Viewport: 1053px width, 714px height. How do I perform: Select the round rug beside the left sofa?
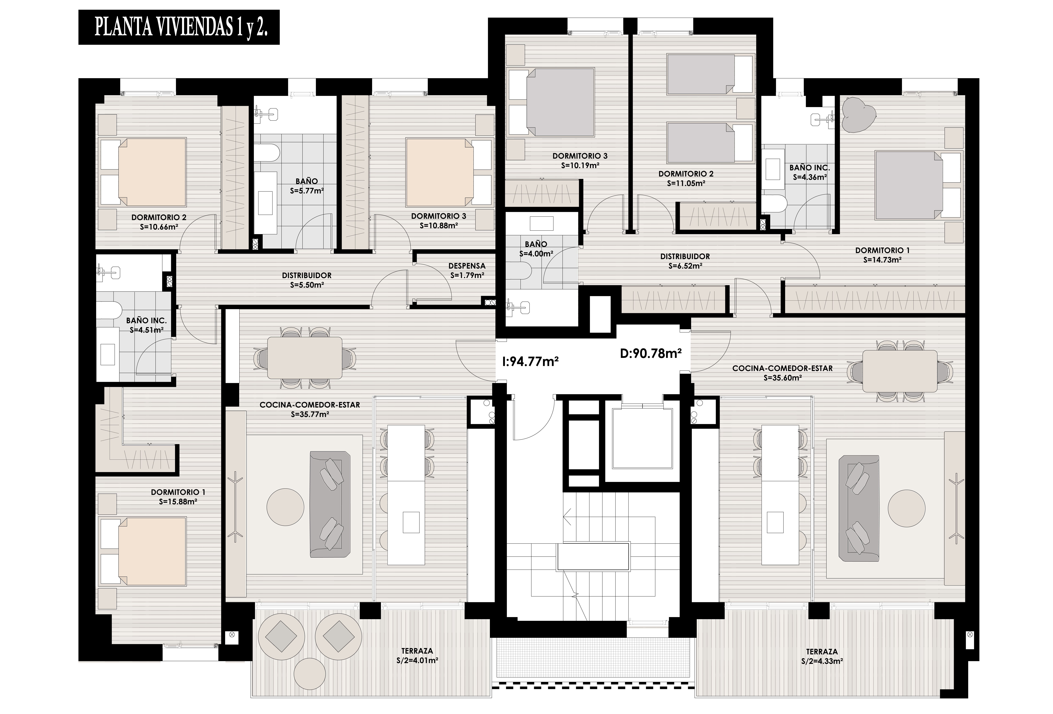[285, 507]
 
